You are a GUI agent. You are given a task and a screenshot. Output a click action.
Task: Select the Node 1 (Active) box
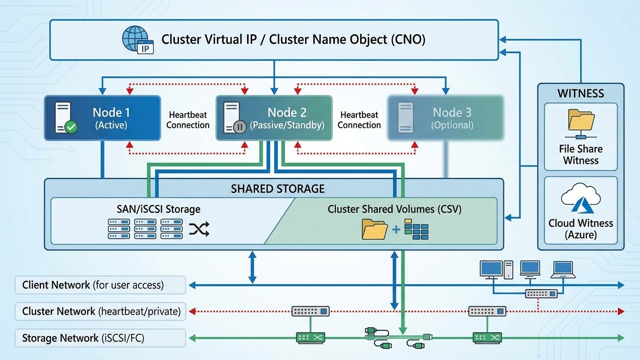pos(102,118)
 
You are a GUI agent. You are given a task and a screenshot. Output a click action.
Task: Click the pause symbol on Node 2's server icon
pos(240,127)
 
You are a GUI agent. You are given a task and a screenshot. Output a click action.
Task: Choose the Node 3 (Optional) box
pos(445,118)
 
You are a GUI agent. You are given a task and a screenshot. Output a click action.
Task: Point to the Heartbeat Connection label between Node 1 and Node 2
pos(188,120)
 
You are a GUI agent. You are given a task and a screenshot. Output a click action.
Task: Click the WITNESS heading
pos(580,93)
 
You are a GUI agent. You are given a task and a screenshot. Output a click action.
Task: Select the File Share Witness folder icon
pos(580,121)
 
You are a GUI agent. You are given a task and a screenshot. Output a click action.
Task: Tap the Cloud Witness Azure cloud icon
pos(580,198)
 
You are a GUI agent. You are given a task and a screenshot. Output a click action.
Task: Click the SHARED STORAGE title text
pos(278,189)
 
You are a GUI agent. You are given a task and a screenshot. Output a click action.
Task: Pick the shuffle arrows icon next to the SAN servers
pos(199,229)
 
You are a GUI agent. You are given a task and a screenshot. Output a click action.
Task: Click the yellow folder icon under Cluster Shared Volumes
pos(374,230)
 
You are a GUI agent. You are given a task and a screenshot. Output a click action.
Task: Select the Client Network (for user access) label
pos(93,285)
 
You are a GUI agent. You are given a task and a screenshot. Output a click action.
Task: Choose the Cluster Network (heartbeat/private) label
pos(101,311)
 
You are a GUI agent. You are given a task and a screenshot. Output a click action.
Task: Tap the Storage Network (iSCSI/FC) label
pos(83,338)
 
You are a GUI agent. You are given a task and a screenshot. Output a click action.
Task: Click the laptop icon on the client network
pos(563,269)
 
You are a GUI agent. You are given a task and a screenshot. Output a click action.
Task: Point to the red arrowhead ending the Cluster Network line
pos(621,311)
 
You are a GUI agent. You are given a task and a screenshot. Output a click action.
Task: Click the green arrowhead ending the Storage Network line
pos(621,337)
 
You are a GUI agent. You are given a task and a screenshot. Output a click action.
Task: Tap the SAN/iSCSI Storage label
pos(158,209)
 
